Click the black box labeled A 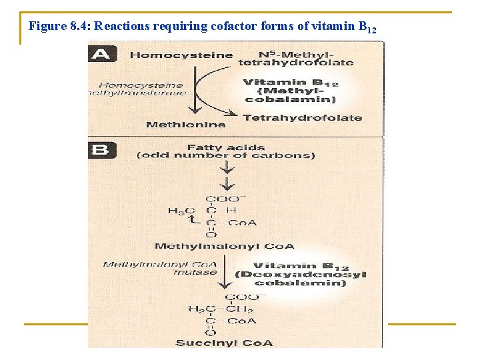pos(102,54)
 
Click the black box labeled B pos(102,150)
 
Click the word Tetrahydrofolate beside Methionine pos(303,117)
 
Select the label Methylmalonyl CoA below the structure pos(224,246)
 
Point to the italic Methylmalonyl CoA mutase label pos(161,268)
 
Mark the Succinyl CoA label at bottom pos(224,343)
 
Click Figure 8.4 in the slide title pos(59,27)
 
